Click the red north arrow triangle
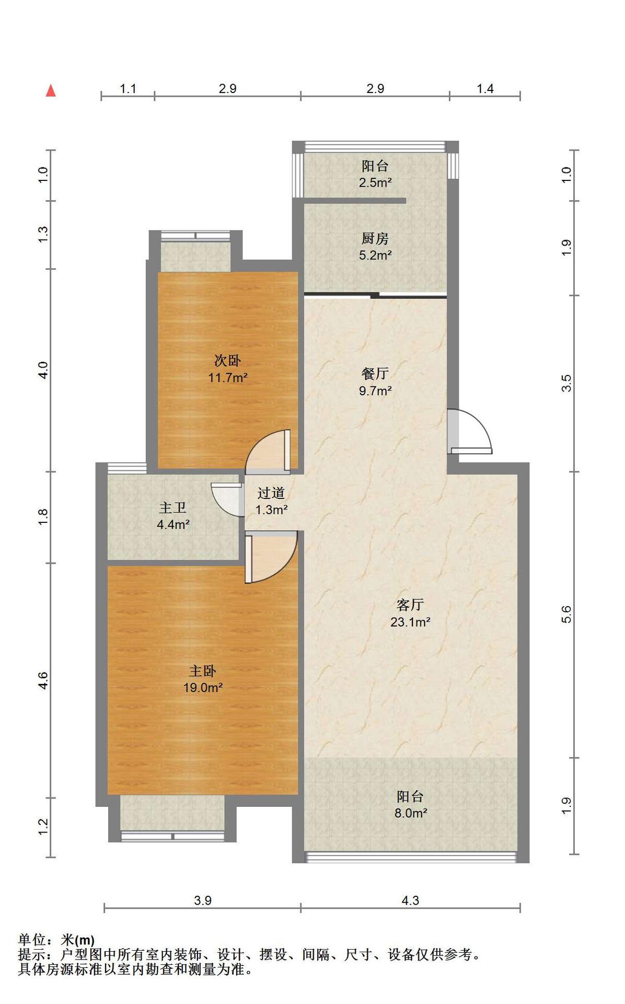51,91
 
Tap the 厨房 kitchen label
375,239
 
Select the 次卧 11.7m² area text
228,378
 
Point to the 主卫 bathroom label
172,508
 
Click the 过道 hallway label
271,493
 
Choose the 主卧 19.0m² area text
203,688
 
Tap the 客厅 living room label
410,605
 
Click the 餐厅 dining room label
375,374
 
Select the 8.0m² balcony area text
411,813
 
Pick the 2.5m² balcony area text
375,182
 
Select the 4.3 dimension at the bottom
410,900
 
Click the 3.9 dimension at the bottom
203,900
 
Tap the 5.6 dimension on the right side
566,614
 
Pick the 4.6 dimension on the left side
43,680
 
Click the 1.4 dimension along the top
485,89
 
